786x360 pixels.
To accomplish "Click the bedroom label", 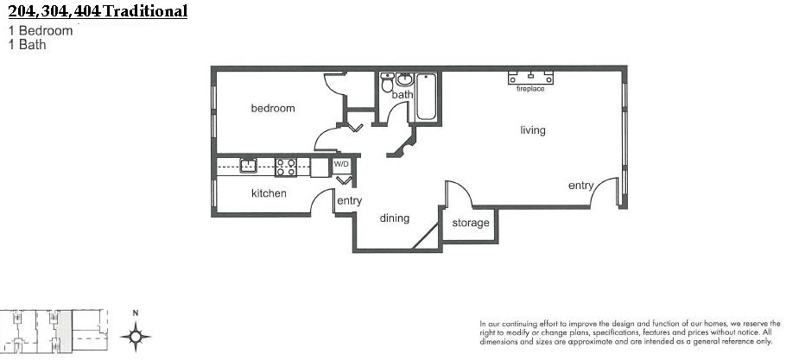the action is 273,108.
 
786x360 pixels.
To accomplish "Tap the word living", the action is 532,130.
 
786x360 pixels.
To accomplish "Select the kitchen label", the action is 269,193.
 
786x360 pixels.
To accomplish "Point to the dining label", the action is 395,218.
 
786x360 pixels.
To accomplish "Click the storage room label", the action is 470,223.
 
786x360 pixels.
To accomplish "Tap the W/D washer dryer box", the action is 341,164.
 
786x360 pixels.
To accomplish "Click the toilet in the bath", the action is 387,83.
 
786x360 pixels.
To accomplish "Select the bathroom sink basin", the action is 405,79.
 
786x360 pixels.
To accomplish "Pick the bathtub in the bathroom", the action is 426,98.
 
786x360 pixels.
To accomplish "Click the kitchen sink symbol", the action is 248,165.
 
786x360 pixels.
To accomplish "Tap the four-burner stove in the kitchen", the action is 286,167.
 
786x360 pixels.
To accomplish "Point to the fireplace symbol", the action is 530,78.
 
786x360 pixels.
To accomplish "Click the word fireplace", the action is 530,89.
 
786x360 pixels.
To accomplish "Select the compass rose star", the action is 136,336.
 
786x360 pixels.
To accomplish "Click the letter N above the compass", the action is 136,313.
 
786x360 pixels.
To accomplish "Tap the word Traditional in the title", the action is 145,10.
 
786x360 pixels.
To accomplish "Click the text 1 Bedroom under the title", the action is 40,30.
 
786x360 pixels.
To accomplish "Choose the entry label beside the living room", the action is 580,186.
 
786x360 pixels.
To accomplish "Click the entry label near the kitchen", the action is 350,201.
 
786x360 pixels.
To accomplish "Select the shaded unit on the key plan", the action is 65,331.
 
